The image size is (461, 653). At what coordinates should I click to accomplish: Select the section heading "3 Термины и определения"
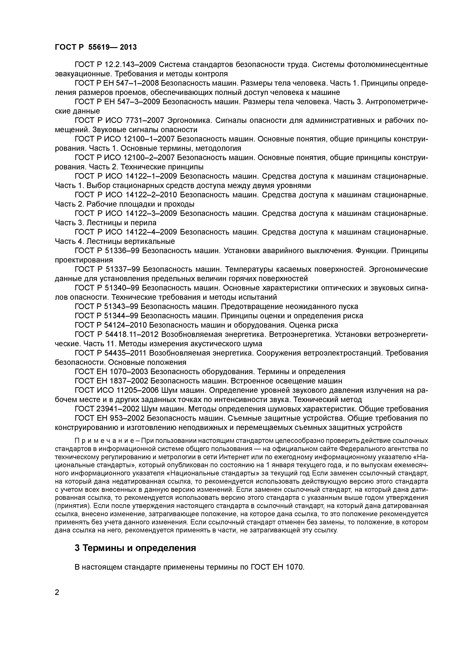[135, 548]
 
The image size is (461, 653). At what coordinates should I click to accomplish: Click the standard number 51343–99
[121, 307]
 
